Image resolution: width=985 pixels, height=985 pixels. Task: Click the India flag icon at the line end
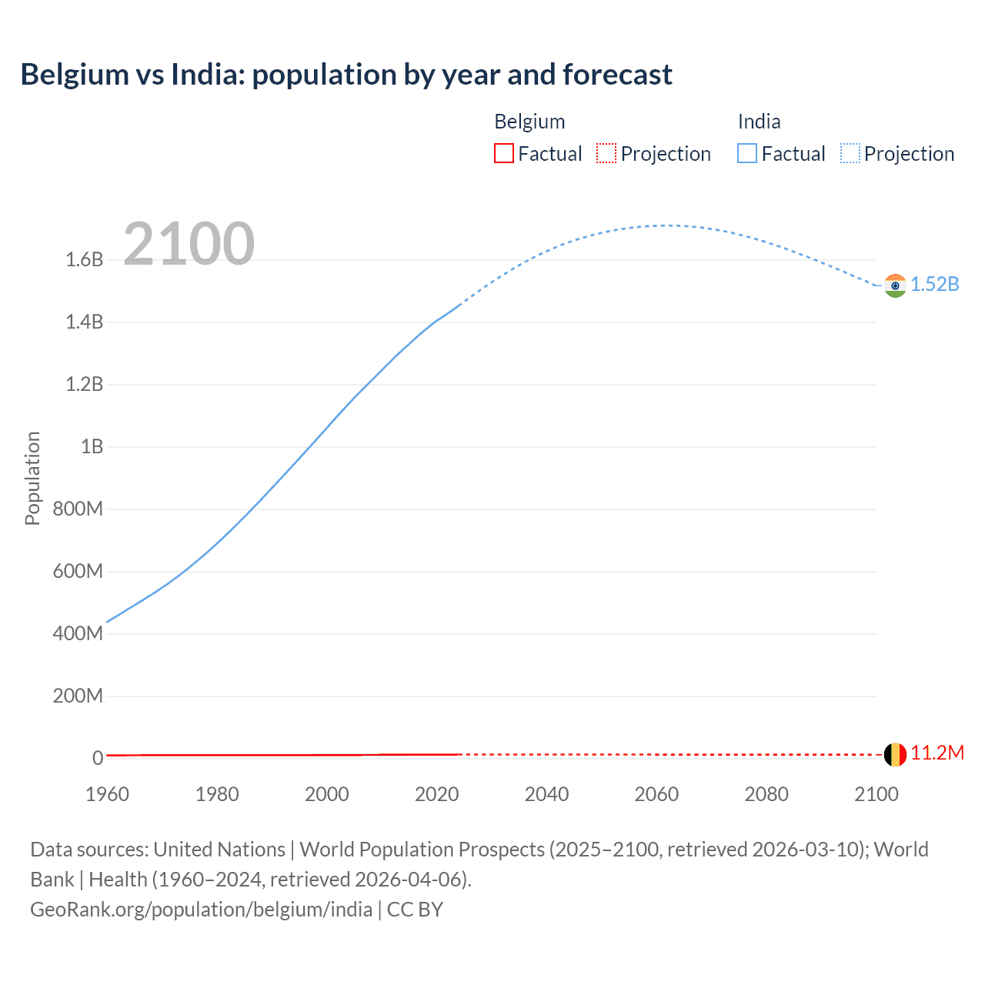[895, 285]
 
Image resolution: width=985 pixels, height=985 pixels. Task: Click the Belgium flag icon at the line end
[895, 754]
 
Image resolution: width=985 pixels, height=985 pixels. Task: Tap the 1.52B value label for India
[935, 285]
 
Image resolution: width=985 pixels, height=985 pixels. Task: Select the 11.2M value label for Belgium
[937, 753]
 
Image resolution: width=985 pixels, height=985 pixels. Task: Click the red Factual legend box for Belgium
[503, 153]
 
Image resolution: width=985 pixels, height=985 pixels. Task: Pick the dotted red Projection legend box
[606, 153]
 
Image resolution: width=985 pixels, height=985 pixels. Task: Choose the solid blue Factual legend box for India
[746, 153]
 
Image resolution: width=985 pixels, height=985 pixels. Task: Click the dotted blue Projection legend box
[850, 153]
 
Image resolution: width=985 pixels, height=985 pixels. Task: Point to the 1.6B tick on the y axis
[85, 259]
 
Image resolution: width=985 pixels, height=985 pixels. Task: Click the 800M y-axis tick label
[78, 509]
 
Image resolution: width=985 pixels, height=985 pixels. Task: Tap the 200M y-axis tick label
[78, 696]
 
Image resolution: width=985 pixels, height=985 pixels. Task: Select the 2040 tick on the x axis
[546, 794]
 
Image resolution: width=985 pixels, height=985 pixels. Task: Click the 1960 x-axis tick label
[107, 794]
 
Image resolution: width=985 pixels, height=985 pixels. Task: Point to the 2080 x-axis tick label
[766, 794]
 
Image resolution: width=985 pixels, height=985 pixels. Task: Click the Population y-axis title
[32, 478]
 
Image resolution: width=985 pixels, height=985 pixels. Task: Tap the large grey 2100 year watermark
[189, 244]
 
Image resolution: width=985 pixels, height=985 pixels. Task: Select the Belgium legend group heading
[529, 122]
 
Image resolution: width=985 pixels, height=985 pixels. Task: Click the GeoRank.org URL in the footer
[201, 910]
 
